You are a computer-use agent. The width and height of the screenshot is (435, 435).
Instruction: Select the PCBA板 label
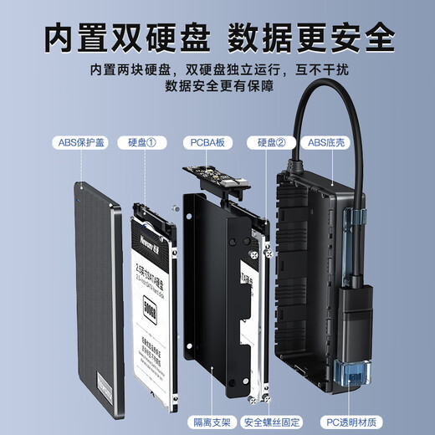click(x=207, y=142)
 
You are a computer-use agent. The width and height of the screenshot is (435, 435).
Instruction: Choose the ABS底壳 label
click(x=329, y=142)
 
